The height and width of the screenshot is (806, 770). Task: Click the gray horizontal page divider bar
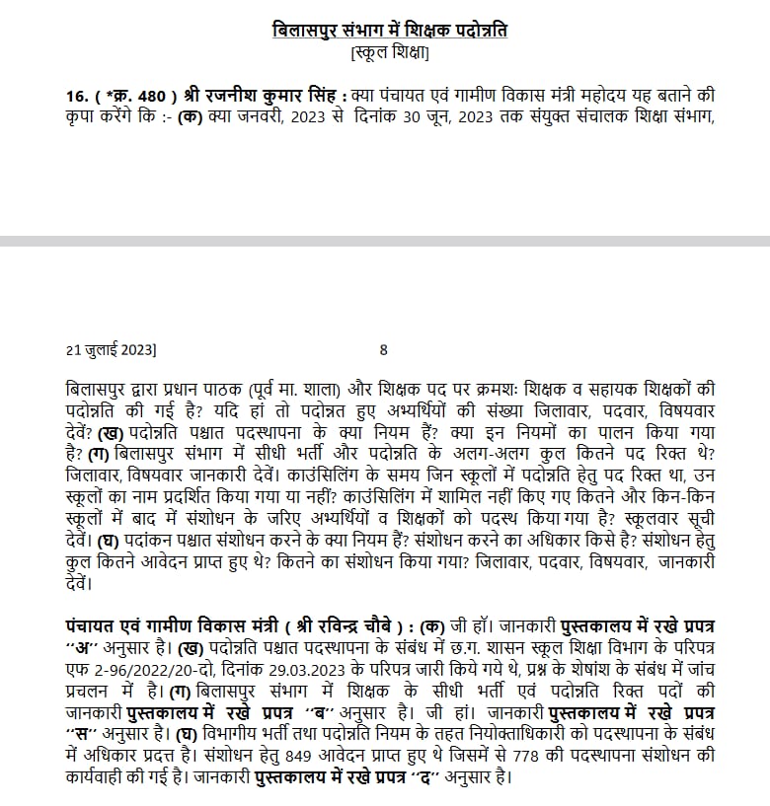click(x=385, y=241)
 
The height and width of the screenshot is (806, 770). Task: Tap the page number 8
click(x=383, y=349)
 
